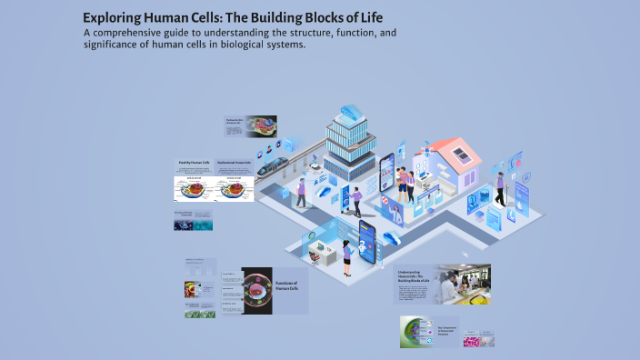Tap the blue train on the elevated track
coord(274,165)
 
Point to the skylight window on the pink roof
coord(460,152)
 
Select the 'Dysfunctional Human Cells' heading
coord(235,163)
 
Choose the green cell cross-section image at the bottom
coord(417,333)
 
